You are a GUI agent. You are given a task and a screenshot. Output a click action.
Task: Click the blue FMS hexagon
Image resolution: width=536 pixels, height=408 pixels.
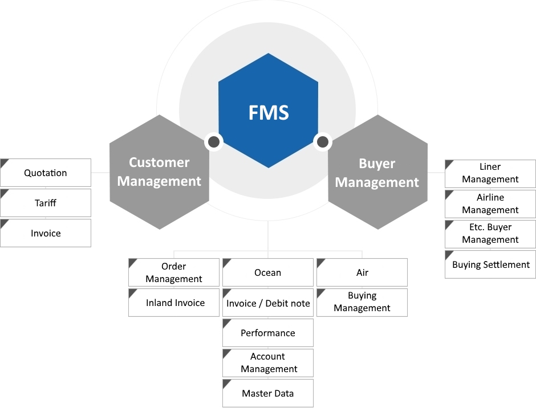pos(269,111)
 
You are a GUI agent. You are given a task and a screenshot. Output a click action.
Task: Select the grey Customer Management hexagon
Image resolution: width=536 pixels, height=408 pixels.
pos(159,172)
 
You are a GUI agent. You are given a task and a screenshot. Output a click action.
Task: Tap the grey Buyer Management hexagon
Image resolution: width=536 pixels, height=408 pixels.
pos(377,173)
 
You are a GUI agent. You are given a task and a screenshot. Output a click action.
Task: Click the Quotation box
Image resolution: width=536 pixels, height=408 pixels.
pos(46,173)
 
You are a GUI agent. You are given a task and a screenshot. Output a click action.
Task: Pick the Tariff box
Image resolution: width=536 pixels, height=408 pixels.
pos(46,203)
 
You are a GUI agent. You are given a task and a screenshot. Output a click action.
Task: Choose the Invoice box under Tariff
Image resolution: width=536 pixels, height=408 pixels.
pos(46,233)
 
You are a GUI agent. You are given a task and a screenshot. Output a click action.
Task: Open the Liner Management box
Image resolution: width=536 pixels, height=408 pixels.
pos(490,173)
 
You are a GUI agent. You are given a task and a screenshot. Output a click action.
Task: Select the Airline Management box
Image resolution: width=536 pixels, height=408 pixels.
pos(490,203)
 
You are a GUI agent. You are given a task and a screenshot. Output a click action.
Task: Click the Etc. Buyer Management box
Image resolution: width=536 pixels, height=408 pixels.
pos(490,234)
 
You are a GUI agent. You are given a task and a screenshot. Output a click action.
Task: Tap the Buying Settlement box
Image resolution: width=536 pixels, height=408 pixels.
pos(490,264)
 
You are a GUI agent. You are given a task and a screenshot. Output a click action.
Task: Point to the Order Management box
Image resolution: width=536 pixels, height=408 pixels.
pos(174,272)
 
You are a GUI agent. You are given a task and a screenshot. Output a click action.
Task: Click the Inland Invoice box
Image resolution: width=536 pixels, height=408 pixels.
pos(174,303)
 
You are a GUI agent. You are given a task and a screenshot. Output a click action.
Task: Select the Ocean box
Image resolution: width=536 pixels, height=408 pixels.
pos(268,272)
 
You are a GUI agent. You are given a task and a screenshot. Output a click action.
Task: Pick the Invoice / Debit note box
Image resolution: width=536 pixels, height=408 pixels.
pos(268,303)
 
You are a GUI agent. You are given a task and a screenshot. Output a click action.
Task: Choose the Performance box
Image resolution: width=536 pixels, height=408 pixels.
pos(268,333)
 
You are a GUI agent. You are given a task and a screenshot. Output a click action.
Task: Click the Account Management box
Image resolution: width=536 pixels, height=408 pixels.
pos(268,363)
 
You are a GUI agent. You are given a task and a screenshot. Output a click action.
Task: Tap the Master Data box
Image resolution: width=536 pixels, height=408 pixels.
pos(268,393)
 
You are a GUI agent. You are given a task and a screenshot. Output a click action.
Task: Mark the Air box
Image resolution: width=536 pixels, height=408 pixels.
pos(362,272)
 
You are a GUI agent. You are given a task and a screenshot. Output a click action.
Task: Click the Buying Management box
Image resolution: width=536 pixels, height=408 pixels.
pos(362,302)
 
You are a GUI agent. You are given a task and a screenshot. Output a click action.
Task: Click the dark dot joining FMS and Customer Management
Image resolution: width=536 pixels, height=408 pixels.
pos(214,141)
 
